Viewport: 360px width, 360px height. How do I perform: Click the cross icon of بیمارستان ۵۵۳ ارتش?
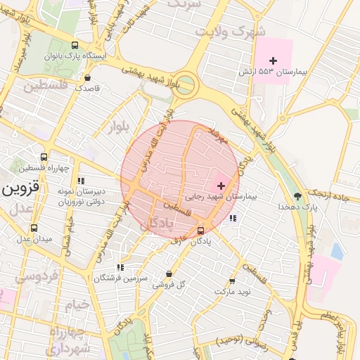pos(274,61)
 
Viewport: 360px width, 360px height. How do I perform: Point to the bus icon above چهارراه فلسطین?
pos(44,157)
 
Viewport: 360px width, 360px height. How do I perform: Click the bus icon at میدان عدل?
pos(34,228)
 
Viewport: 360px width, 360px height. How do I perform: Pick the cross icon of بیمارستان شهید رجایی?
pos(221,186)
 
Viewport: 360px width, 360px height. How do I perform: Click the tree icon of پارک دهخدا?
pos(297,196)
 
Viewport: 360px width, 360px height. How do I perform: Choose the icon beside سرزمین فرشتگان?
pos(120,267)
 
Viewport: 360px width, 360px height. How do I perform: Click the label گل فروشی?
pos(169,284)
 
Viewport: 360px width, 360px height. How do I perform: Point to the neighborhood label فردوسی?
pos(31,276)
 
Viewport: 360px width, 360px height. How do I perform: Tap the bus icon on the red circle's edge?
pos(201,230)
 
